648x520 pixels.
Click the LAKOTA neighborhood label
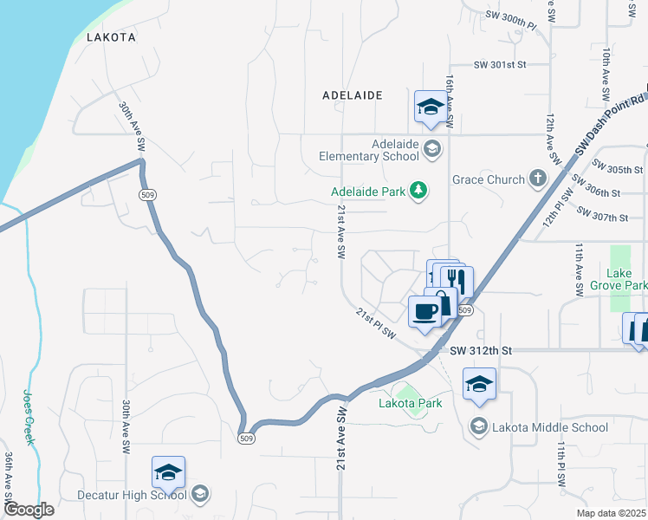click(111, 37)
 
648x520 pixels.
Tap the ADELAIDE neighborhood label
click(352, 95)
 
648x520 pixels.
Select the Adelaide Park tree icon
click(419, 190)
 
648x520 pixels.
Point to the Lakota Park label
click(410, 403)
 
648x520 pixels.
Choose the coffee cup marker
click(424, 311)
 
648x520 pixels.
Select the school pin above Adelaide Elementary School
click(430, 107)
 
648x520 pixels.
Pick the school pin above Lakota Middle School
click(479, 384)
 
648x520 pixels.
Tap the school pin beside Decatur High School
click(168, 472)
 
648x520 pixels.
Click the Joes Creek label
click(29, 416)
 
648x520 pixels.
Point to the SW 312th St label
click(483, 350)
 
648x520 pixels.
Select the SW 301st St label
click(500, 64)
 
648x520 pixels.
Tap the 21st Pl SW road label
click(375, 322)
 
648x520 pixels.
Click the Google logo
click(28, 510)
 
